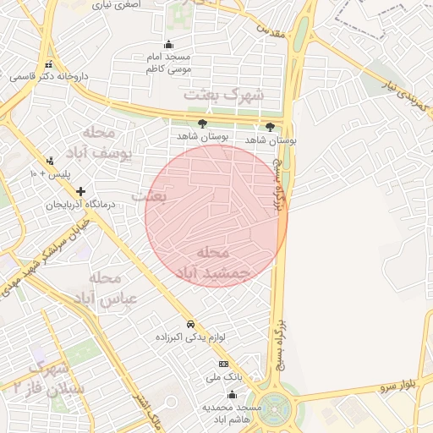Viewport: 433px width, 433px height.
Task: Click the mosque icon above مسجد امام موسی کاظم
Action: (x=168, y=45)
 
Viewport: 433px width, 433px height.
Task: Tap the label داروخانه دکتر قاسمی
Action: (x=49, y=76)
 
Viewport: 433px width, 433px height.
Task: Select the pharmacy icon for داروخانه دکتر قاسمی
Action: (x=49, y=64)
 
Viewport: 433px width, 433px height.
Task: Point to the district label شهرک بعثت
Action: (x=224, y=94)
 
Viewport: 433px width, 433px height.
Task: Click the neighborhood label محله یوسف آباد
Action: (x=103, y=143)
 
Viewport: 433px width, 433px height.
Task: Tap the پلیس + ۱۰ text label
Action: (x=50, y=173)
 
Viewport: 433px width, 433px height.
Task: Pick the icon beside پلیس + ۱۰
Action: (x=50, y=161)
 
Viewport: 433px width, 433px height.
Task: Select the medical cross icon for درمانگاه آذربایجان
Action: (x=81, y=192)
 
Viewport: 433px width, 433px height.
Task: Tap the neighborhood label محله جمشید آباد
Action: (x=214, y=263)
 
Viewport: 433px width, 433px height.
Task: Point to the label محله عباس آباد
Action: (x=101, y=288)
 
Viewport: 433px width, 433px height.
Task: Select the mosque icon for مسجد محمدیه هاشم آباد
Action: (x=232, y=394)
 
